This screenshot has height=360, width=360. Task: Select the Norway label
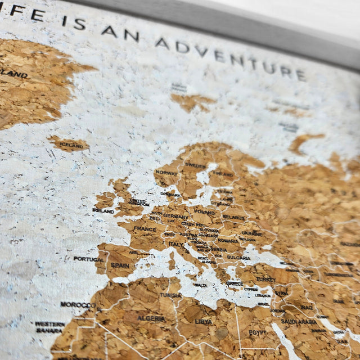pos(166,173)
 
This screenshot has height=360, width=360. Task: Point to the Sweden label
pos(195,165)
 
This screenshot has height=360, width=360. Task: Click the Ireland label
pos(103,211)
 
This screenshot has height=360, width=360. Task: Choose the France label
pos(145,229)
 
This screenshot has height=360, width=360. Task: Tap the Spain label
pos(120,265)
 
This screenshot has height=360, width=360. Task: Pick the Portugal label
pos(88,259)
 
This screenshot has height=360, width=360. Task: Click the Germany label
pos(175,216)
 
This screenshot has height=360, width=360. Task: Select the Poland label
pos(204,213)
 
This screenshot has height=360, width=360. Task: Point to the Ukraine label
pos(251,233)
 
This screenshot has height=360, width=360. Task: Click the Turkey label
pos(265,279)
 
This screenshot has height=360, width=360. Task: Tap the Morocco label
pos(78,305)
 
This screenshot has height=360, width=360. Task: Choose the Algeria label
pos(152,318)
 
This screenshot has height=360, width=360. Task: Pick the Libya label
pos(204,321)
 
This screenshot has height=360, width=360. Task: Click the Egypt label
pos(258,332)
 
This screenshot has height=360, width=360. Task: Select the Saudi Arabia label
pos(299,321)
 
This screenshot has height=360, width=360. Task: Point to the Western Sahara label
pos(49,327)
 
